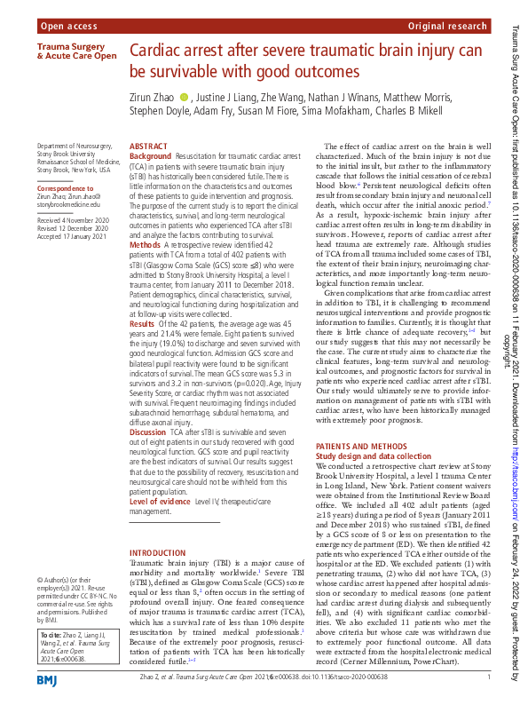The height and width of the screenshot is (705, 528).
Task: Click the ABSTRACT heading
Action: pos(148,146)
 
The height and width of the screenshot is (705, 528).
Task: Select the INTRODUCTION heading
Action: pos(158,553)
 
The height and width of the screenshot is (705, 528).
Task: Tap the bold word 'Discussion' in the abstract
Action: pos(149,432)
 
